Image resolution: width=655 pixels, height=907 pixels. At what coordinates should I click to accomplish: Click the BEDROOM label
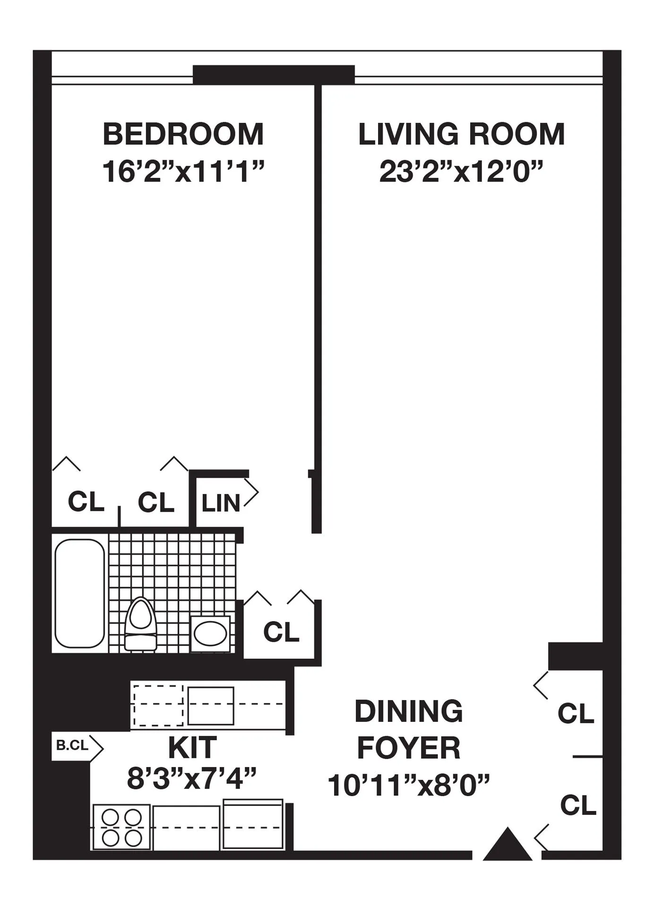coord(183,134)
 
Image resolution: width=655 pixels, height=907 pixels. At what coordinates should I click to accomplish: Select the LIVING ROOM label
coord(461,134)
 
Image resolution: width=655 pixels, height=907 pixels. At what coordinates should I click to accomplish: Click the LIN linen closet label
coord(221,503)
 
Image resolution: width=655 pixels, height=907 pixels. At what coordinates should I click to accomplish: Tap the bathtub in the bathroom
coord(79,593)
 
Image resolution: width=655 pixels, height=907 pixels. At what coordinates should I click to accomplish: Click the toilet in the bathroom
coord(140,624)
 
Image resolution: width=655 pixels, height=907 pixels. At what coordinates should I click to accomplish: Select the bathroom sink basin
coord(211,633)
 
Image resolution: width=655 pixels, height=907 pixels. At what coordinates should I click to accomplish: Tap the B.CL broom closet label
coord(72,745)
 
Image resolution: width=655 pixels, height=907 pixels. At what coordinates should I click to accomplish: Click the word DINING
coord(409,711)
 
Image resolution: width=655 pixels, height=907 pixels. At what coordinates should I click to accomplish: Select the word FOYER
coord(409,748)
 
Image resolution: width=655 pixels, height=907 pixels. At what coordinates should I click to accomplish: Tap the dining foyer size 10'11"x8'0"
coord(409,786)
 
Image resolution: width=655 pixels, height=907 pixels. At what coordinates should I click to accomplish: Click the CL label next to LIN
coord(156,502)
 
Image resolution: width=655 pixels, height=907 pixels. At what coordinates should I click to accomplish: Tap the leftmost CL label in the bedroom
coord(86,502)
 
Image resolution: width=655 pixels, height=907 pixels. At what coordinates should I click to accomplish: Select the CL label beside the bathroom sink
coord(281,632)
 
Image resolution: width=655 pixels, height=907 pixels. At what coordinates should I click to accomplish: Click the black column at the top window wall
coord(274,75)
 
